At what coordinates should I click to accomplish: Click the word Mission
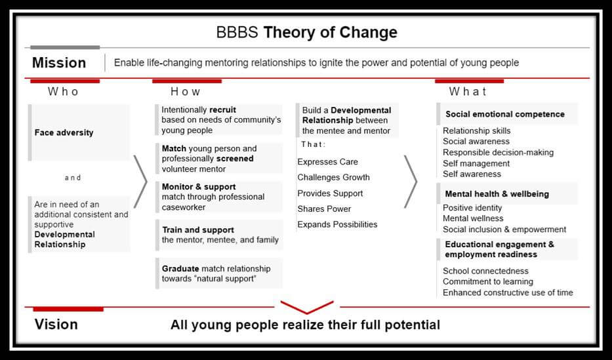pos(59,63)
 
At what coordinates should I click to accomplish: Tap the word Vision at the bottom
pos(56,325)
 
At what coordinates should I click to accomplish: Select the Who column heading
pos(63,92)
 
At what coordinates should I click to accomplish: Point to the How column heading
pos(186,92)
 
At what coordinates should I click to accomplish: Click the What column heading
pos(468,92)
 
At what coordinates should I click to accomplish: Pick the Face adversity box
pos(79,132)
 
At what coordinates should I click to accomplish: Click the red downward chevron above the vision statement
pos(307,307)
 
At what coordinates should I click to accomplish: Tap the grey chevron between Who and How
pos(140,182)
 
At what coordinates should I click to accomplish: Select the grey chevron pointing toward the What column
pos(410,182)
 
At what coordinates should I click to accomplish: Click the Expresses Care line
pos(327,162)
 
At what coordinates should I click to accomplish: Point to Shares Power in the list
pos(324,209)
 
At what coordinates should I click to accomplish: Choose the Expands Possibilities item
pos(337,225)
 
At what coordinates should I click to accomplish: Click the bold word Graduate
pos(180,269)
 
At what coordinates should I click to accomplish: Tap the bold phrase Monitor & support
pos(199,187)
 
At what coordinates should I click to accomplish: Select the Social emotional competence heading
pos(505,114)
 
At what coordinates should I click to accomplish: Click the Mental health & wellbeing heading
pos(497,194)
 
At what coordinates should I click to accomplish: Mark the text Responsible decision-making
pos(498,153)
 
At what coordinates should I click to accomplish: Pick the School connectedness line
pos(485,271)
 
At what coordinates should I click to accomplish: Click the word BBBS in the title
pos(237,32)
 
